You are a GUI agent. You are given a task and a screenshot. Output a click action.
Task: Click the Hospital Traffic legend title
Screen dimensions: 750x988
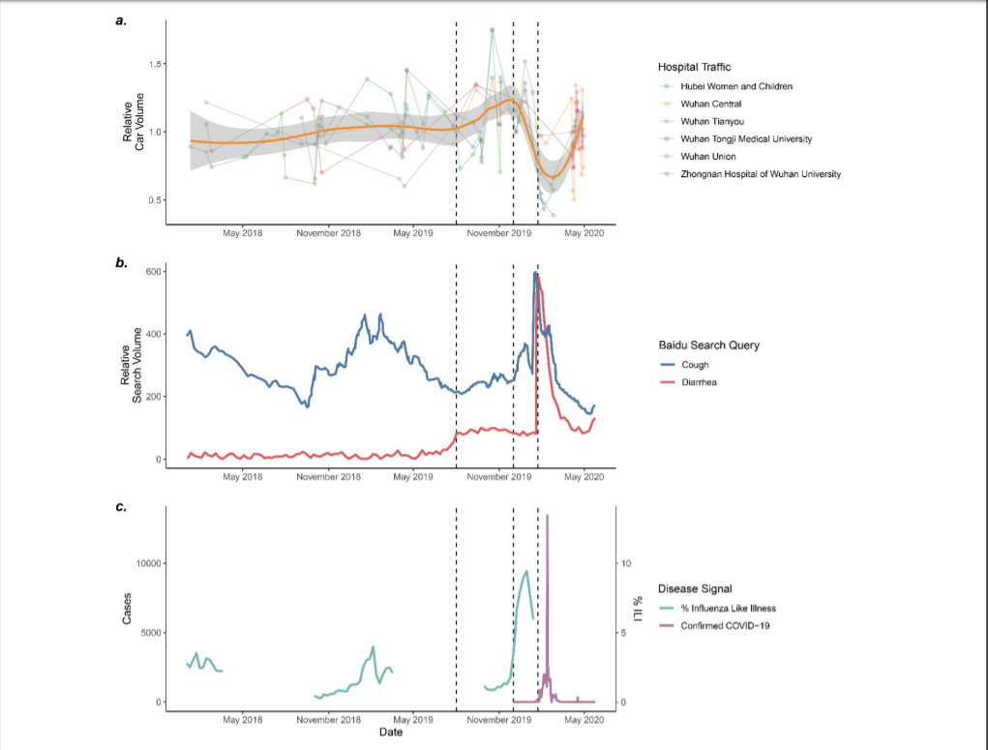coord(694,67)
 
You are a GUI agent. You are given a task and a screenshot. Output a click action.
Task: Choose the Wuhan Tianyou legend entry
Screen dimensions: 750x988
coord(712,121)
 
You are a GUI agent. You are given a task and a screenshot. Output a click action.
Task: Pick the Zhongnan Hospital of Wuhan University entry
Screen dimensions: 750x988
coord(761,173)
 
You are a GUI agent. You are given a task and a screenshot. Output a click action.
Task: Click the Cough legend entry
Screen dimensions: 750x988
coord(695,365)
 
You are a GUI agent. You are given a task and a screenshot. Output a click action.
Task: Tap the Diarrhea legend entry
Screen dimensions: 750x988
coord(699,382)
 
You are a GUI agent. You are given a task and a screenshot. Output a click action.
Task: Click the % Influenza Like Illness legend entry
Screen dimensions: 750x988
coord(728,609)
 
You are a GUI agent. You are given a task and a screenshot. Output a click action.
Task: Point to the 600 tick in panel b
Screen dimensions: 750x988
coord(153,272)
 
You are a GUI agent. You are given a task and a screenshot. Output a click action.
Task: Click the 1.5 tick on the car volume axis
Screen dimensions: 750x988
coord(154,64)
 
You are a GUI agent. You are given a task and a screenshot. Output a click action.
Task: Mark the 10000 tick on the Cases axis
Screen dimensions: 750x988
coord(146,563)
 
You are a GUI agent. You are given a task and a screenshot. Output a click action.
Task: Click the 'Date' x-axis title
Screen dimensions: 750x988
coord(391,733)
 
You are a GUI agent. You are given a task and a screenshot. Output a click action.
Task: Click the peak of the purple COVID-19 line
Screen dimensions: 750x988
coord(547,516)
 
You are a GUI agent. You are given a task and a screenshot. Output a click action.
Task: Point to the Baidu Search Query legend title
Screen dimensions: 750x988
coord(708,345)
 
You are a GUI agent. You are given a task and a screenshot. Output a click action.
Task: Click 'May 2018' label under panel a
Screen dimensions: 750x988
coord(243,233)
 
